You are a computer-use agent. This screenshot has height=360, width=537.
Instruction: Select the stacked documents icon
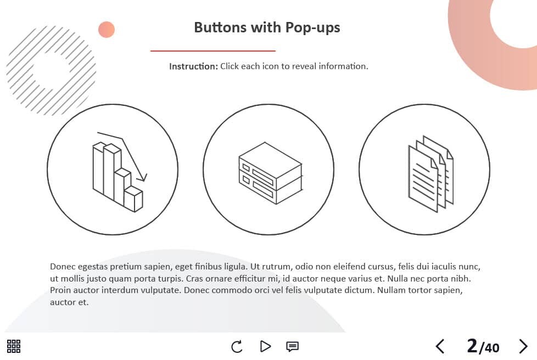tap(431, 174)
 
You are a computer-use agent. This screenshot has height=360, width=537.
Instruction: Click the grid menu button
tap(14, 346)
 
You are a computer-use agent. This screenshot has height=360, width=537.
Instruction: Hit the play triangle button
tap(265, 346)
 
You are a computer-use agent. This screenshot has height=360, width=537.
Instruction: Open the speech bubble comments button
tap(292, 347)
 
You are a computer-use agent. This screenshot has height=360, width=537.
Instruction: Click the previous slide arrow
tap(440, 346)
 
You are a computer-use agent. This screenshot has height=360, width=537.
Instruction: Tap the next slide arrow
tap(523, 346)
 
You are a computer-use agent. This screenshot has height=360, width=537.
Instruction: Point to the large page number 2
tap(472, 346)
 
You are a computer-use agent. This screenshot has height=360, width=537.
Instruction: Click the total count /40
tap(489, 348)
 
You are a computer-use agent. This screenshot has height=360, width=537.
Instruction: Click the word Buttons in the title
tap(220, 27)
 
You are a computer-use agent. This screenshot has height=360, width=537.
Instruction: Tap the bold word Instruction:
tap(193, 66)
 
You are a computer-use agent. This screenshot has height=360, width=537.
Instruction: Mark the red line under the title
tap(212, 51)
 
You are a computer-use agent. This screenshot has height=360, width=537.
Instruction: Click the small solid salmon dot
tap(107, 30)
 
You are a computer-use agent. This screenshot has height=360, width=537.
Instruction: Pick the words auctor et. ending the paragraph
tap(69, 302)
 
